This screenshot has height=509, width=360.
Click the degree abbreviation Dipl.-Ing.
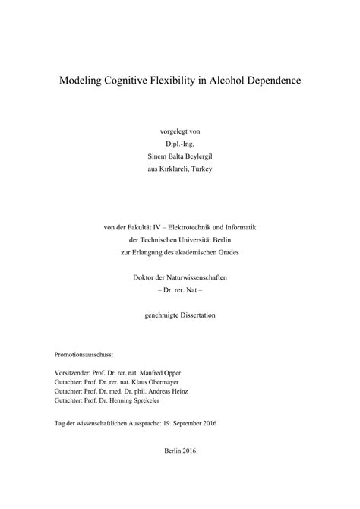(x=180, y=142)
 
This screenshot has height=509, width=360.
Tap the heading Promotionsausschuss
(x=83, y=355)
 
